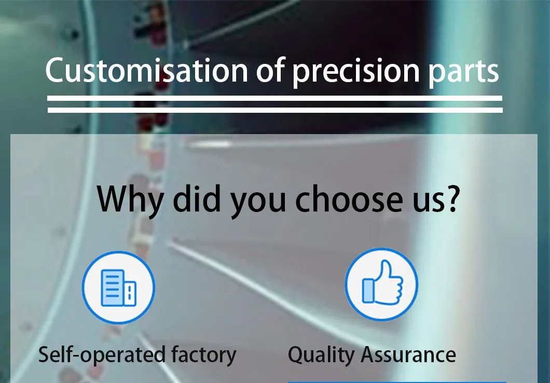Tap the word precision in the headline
[355, 72]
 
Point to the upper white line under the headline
[275, 98]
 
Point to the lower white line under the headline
[275, 110]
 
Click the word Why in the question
[130, 199]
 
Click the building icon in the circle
[118, 288]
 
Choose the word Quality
[321, 355]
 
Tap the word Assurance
[408, 355]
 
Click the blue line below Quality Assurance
[397, 381]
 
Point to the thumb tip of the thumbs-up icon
[384, 265]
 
